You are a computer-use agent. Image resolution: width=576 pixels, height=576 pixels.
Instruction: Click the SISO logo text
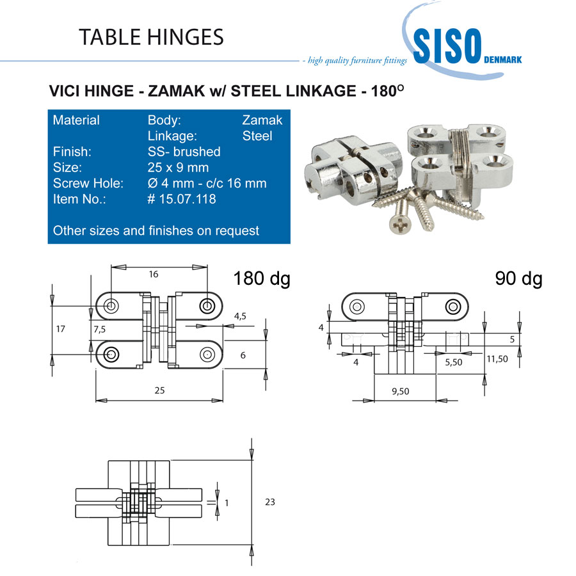click(x=447, y=46)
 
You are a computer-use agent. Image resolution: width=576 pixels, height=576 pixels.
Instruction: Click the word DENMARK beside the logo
click(x=502, y=60)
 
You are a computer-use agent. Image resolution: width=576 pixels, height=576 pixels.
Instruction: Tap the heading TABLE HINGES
click(x=151, y=37)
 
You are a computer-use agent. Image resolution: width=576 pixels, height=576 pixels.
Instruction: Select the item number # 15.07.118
click(x=182, y=199)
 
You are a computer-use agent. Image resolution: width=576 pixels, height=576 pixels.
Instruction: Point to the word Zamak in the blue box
click(x=262, y=120)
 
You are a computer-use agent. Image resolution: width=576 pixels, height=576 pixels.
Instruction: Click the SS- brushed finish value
click(x=184, y=151)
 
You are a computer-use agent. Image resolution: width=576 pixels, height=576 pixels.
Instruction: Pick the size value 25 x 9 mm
click(x=178, y=168)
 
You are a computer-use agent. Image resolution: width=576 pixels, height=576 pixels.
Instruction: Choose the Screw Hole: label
click(x=88, y=183)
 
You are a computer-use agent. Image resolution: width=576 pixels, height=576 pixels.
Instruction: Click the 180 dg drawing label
click(x=262, y=278)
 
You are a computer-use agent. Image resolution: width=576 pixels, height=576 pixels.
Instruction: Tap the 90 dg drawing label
click(x=518, y=278)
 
